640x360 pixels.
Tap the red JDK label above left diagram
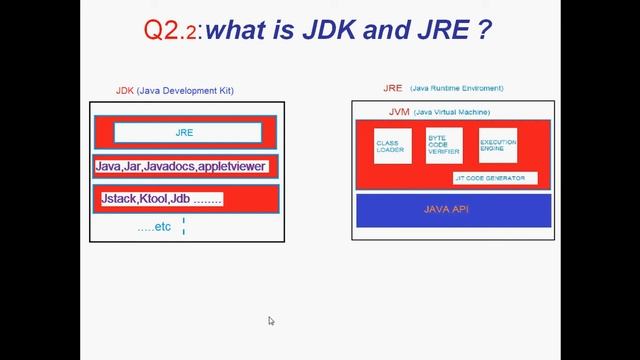125,91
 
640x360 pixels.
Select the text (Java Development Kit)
185,91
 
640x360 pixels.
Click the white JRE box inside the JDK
187,132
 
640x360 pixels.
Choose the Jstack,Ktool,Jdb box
161,199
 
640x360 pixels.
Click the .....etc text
154,228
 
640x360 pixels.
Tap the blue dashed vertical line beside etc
184,226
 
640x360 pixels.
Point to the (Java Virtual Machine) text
451,112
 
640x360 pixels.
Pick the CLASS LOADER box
392,146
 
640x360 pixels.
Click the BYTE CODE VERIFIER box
445,146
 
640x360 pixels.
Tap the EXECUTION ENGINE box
498,145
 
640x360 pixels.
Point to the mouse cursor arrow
271,321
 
